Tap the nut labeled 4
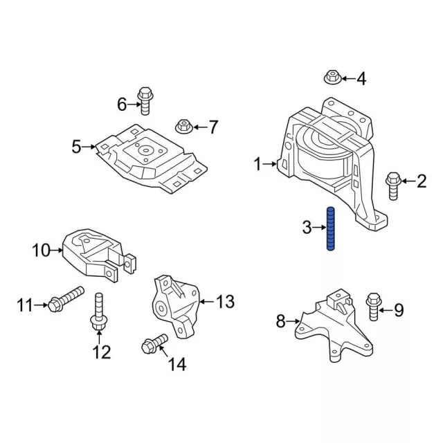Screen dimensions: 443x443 [330, 78]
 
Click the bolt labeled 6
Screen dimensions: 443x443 [145, 100]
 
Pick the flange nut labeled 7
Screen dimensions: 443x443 [184, 126]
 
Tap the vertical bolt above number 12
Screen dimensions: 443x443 [98, 311]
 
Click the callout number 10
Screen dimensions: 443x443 [41, 250]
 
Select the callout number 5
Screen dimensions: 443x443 [76, 146]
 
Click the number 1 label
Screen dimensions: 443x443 [257, 164]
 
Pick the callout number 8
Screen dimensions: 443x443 [280, 321]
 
